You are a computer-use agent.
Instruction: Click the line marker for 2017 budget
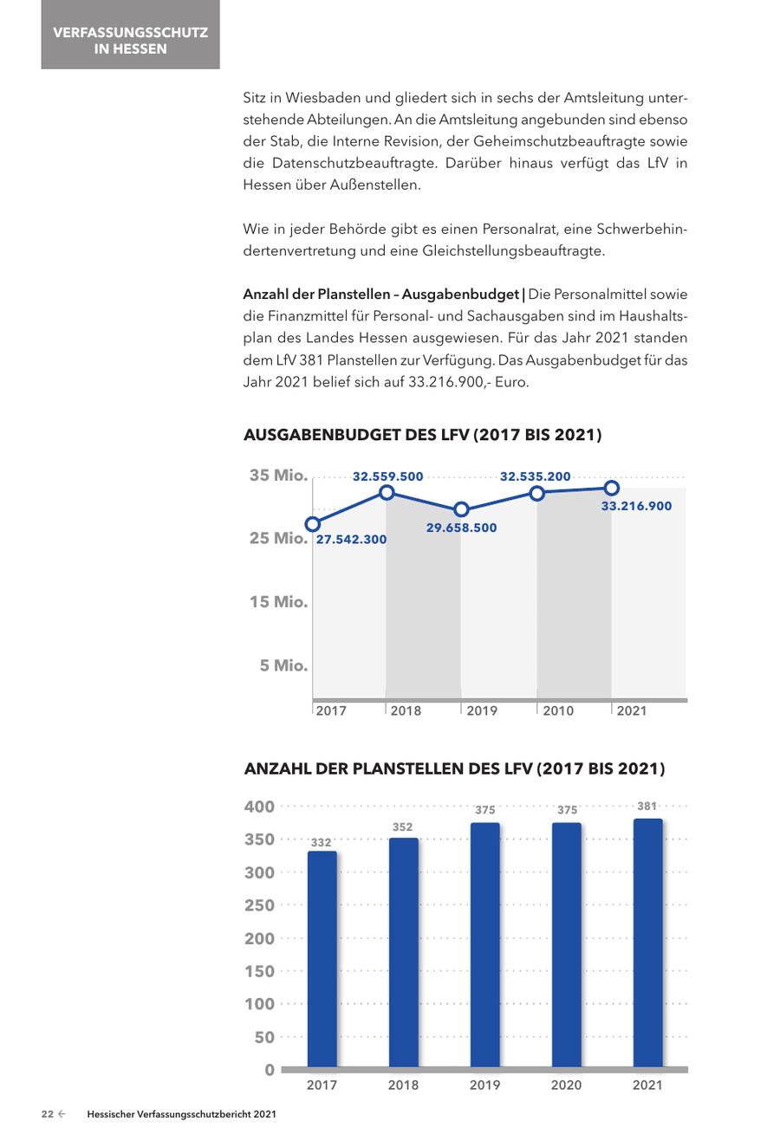[x=313, y=523]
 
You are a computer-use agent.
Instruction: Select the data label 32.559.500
[x=388, y=476]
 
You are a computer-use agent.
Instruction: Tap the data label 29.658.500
[x=461, y=528]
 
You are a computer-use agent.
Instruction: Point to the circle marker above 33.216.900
[x=612, y=488]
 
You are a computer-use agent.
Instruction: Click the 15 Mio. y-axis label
[x=278, y=601]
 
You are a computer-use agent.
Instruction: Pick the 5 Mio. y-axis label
[x=283, y=665]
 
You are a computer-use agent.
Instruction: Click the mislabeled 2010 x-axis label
[x=558, y=710]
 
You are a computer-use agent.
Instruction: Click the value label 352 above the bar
[x=402, y=827]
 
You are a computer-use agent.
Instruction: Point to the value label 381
[x=647, y=807]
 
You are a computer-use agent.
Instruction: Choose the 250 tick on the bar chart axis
[x=259, y=905]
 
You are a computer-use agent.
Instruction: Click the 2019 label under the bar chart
[x=484, y=1085]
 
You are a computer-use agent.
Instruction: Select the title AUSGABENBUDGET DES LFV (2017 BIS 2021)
[x=423, y=435]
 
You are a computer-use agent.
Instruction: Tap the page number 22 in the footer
[x=48, y=1114]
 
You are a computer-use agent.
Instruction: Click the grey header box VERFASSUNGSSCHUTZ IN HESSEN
[x=130, y=35]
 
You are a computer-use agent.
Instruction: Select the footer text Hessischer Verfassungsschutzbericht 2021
[x=181, y=1114]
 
